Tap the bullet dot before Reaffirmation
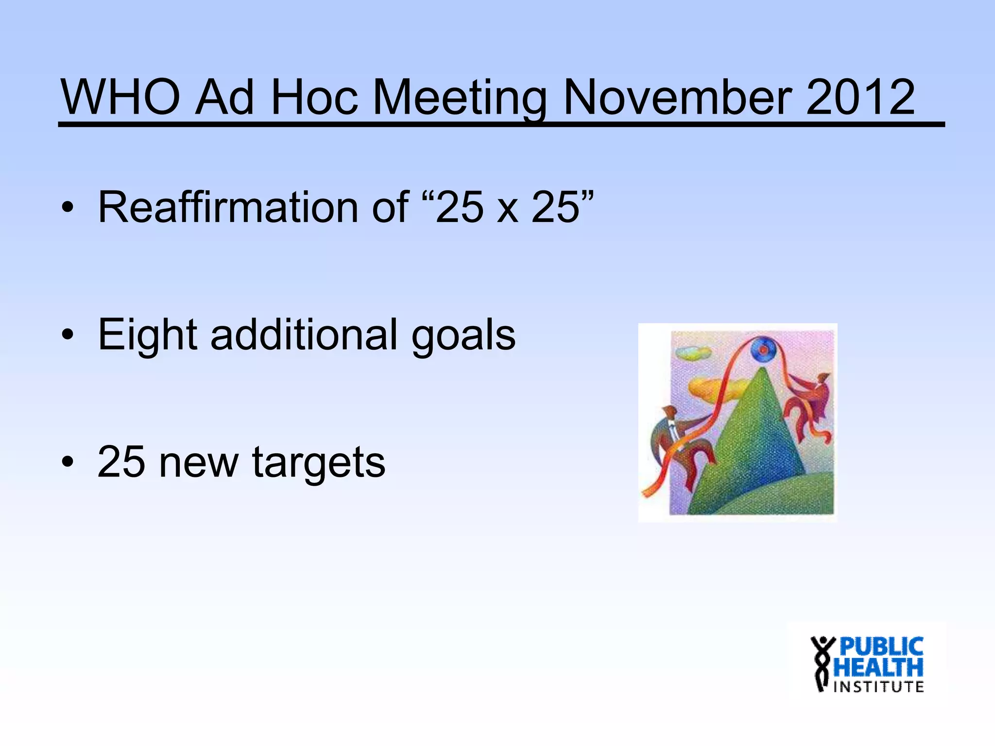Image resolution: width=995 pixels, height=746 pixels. [68, 209]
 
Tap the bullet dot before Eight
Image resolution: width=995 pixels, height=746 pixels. [68, 335]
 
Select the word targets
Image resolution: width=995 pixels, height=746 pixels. [319, 464]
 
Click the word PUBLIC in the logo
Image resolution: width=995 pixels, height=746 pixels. [881, 647]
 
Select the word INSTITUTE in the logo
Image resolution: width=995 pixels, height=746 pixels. [878, 687]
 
